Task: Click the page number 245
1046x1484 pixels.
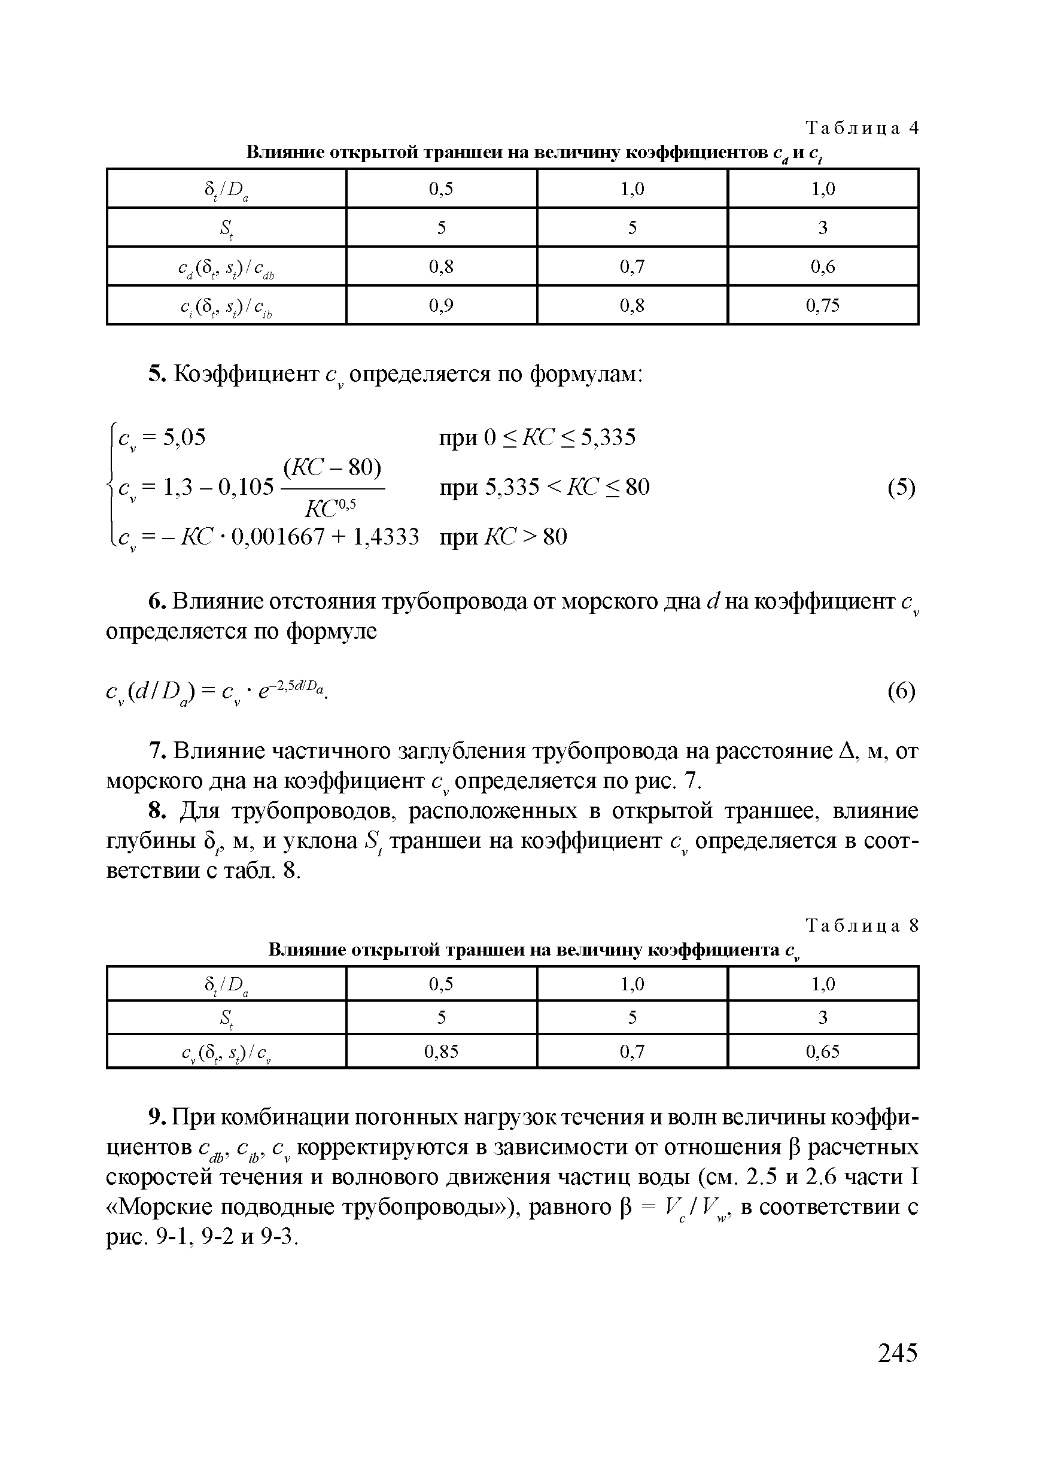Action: point(898,1352)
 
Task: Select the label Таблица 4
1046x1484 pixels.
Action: point(862,129)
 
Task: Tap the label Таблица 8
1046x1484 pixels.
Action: point(862,926)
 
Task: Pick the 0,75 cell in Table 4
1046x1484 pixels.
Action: point(822,305)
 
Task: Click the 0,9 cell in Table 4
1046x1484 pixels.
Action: point(441,305)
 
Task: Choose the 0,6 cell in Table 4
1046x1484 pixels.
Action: point(822,266)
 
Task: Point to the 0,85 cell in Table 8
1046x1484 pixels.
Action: point(441,1051)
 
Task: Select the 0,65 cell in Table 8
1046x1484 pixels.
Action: point(822,1051)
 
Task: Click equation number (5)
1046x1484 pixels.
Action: point(901,487)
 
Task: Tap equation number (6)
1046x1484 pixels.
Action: point(901,692)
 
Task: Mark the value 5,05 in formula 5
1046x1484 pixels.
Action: point(184,437)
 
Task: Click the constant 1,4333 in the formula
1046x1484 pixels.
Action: point(386,537)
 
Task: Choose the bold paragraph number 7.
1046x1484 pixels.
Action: point(155,751)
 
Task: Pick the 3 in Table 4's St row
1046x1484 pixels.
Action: point(822,227)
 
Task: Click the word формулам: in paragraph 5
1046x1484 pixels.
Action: point(586,374)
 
